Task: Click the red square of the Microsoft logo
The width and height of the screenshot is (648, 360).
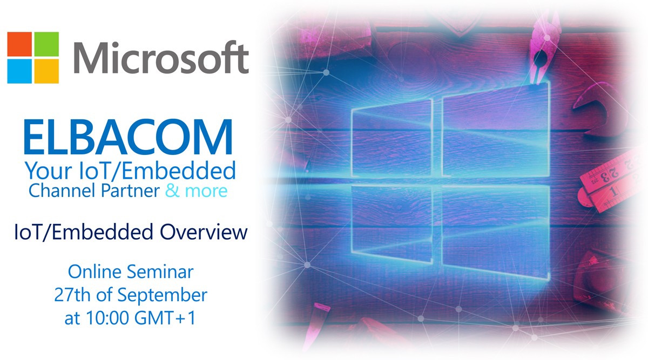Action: (x=19, y=44)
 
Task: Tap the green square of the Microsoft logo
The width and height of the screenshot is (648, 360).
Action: (x=46, y=44)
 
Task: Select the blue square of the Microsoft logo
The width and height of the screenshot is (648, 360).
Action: (x=19, y=71)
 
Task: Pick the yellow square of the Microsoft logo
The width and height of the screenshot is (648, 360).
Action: (x=46, y=71)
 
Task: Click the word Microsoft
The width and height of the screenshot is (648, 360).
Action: (x=161, y=58)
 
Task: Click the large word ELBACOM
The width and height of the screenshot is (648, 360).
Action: (x=128, y=137)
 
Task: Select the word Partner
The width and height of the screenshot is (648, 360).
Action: (x=130, y=192)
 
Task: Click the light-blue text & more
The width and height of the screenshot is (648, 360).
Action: (x=197, y=191)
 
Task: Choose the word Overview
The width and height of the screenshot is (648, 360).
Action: (x=204, y=232)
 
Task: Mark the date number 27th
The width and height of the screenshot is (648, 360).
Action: (x=72, y=295)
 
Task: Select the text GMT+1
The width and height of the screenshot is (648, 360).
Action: (x=165, y=318)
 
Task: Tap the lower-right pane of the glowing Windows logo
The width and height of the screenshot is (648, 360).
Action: (x=496, y=232)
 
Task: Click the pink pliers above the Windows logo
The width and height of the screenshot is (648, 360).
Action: (x=541, y=49)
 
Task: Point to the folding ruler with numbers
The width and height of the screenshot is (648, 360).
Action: (x=610, y=182)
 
